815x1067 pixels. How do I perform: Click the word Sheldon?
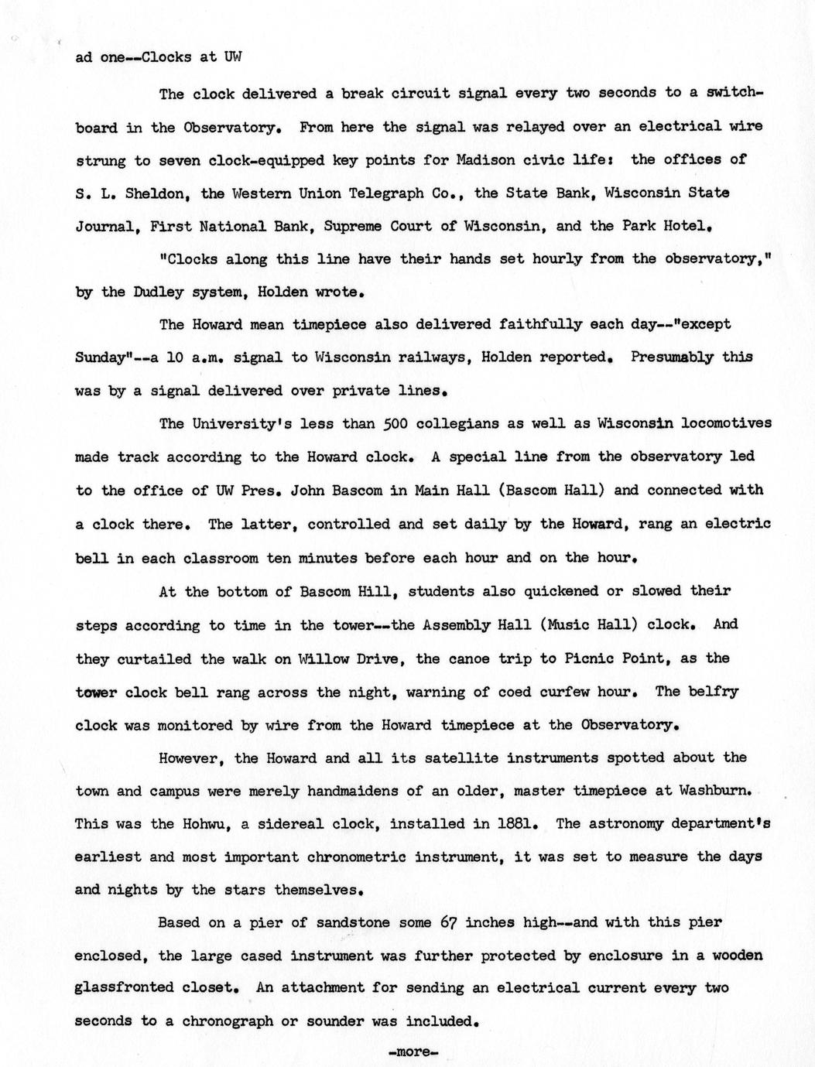[x=156, y=193]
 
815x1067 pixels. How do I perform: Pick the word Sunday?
[x=100, y=357]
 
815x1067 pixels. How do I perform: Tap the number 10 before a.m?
[x=173, y=357]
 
